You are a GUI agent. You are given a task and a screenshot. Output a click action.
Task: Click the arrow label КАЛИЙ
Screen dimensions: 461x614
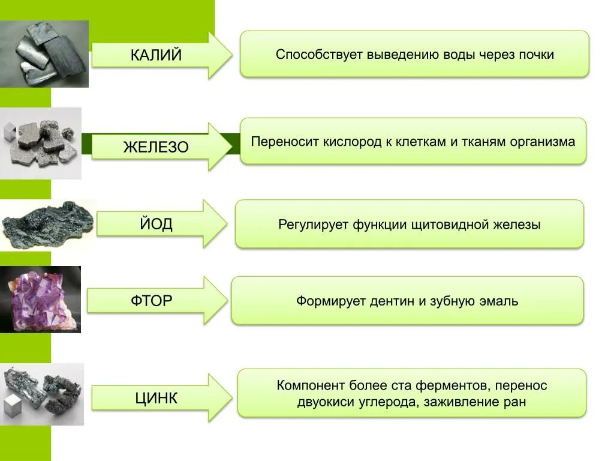pos(156,56)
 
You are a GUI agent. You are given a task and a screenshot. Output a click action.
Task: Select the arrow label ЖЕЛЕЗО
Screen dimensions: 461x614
pos(156,147)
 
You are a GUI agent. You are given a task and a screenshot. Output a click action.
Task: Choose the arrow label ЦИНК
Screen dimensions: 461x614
pos(156,397)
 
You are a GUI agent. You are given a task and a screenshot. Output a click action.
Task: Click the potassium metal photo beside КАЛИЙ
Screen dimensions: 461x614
pos(44,54)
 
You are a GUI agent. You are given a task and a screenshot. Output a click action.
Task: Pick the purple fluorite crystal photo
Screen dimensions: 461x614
pos(40,299)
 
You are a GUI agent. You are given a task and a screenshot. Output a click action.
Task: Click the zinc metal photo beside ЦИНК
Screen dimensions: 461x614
pos(42,393)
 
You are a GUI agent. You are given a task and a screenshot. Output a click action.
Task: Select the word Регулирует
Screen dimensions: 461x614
pos(312,225)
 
